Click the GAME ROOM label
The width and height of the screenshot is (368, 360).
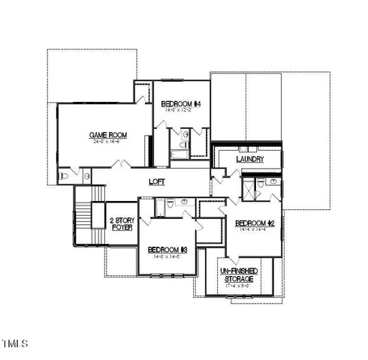point(106,135)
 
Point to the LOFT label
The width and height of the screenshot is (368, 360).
point(157,182)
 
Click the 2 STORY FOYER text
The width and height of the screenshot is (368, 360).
point(121,223)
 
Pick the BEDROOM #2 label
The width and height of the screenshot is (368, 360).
point(253,223)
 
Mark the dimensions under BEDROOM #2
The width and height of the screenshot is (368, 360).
point(252,230)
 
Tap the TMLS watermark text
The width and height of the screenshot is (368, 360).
point(14,344)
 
